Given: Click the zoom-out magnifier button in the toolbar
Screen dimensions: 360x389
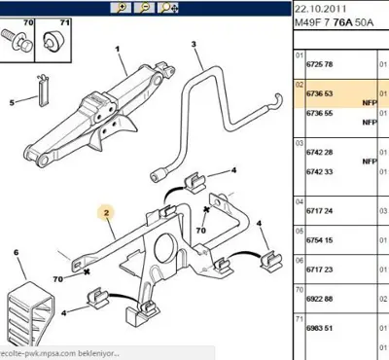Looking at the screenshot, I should click(x=144, y=8).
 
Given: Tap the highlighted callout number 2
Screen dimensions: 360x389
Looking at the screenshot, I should click(x=107, y=209).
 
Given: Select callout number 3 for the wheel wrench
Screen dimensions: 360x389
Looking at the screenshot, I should click(x=194, y=45).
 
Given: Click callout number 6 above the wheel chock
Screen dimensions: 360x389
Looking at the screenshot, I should click(x=16, y=253).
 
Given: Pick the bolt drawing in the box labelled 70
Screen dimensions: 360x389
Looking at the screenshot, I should click(x=18, y=41).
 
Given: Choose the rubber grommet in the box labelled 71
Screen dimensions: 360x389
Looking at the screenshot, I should click(x=52, y=42).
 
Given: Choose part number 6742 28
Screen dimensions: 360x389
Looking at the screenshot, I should click(x=322, y=153).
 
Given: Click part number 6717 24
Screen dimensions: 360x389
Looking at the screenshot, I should click(x=322, y=208).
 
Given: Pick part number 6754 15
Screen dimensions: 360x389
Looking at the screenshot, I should click(x=322, y=239).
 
